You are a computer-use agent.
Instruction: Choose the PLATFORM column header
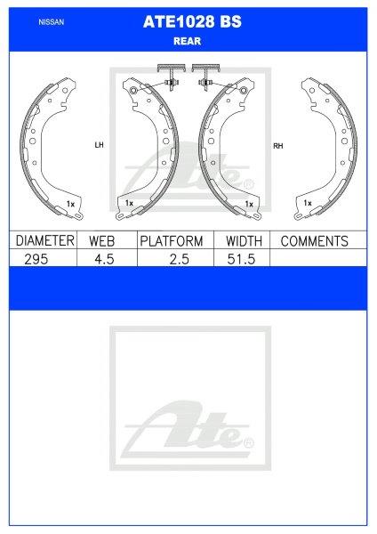[172, 241]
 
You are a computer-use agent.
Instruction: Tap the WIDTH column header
[242, 241]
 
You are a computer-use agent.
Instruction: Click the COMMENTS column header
[314, 241]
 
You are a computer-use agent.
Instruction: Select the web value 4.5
[107, 257]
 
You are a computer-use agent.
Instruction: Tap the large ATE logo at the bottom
[191, 431]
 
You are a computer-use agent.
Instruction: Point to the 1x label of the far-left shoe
[70, 204]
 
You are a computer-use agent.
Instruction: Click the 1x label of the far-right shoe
[307, 204]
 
